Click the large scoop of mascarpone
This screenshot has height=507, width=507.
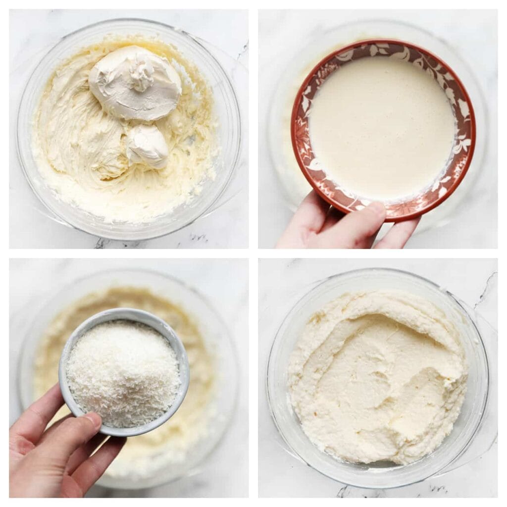[135, 83]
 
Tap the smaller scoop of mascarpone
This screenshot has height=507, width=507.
[148, 146]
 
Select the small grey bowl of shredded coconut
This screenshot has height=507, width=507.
[124, 371]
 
